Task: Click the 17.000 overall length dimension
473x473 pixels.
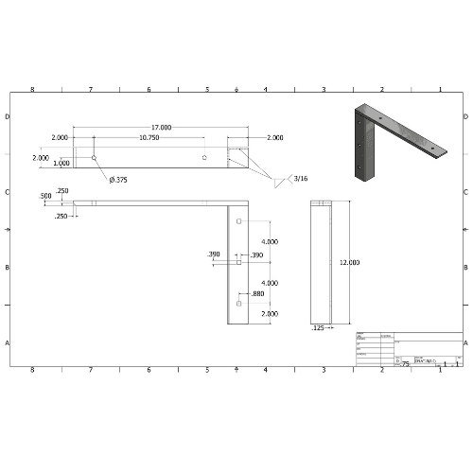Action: (161, 127)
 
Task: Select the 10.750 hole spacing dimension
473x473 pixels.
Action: (149, 138)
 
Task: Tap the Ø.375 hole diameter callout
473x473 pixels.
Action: (119, 180)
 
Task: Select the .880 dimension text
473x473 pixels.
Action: (257, 293)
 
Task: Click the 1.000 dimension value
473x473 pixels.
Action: (61, 164)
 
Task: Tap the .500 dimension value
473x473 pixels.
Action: (44, 196)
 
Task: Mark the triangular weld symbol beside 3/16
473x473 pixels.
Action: (281, 180)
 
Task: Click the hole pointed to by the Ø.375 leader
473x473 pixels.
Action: (94, 156)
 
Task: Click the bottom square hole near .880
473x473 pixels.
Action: (238, 306)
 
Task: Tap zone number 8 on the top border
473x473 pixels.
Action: (32, 89)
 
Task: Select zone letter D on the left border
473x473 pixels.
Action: (8, 117)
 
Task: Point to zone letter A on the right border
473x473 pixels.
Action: (465, 342)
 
